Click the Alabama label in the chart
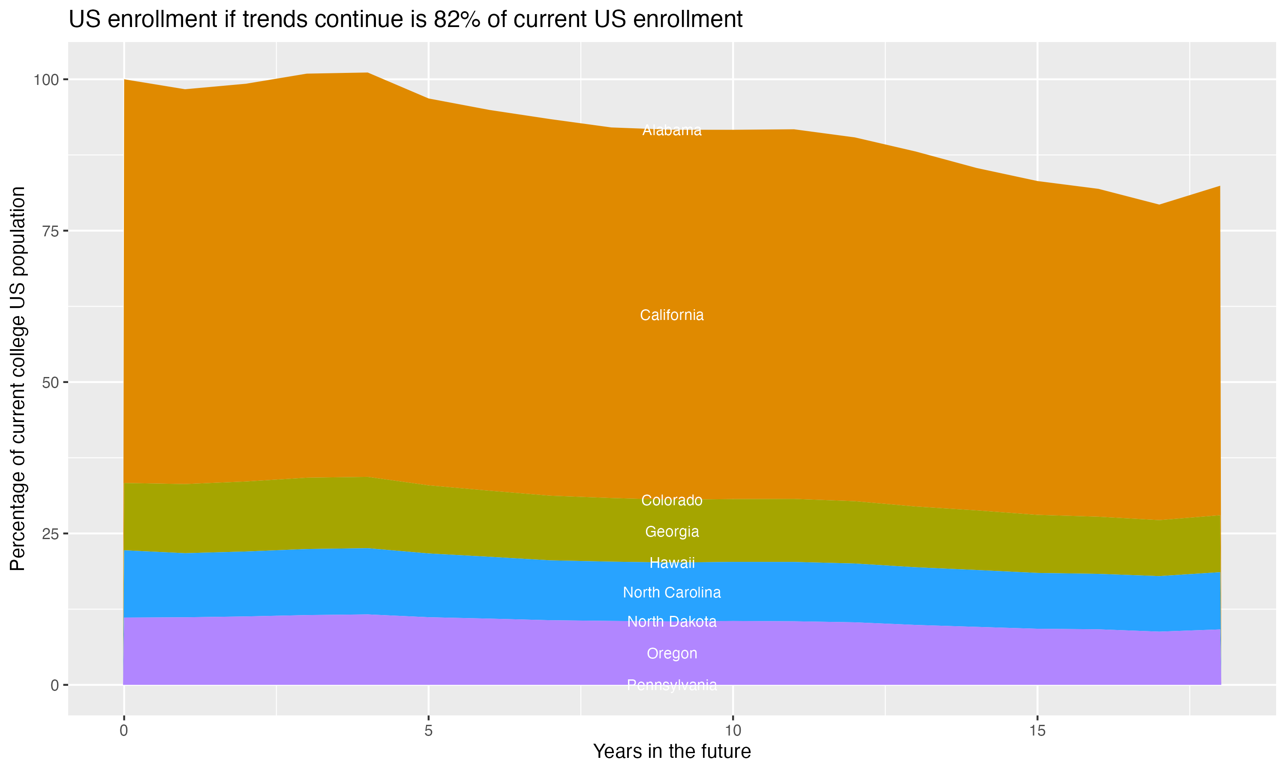coord(672,130)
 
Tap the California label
coord(672,315)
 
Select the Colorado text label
coord(672,501)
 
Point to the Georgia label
coord(672,532)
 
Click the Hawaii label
coord(672,563)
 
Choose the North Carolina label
coord(672,593)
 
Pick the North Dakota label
coord(672,621)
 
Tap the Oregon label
coord(672,653)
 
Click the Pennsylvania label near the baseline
coord(672,685)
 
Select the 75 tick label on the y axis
coord(51,231)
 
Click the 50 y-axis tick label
coord(51,383)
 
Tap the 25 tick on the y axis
coord(51,534)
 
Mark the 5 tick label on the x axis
coord(428,731)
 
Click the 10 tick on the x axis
coord(733,731)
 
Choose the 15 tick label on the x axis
coord(1037,731)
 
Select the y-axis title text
coord(18,378)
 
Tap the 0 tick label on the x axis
coord(124,731)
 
